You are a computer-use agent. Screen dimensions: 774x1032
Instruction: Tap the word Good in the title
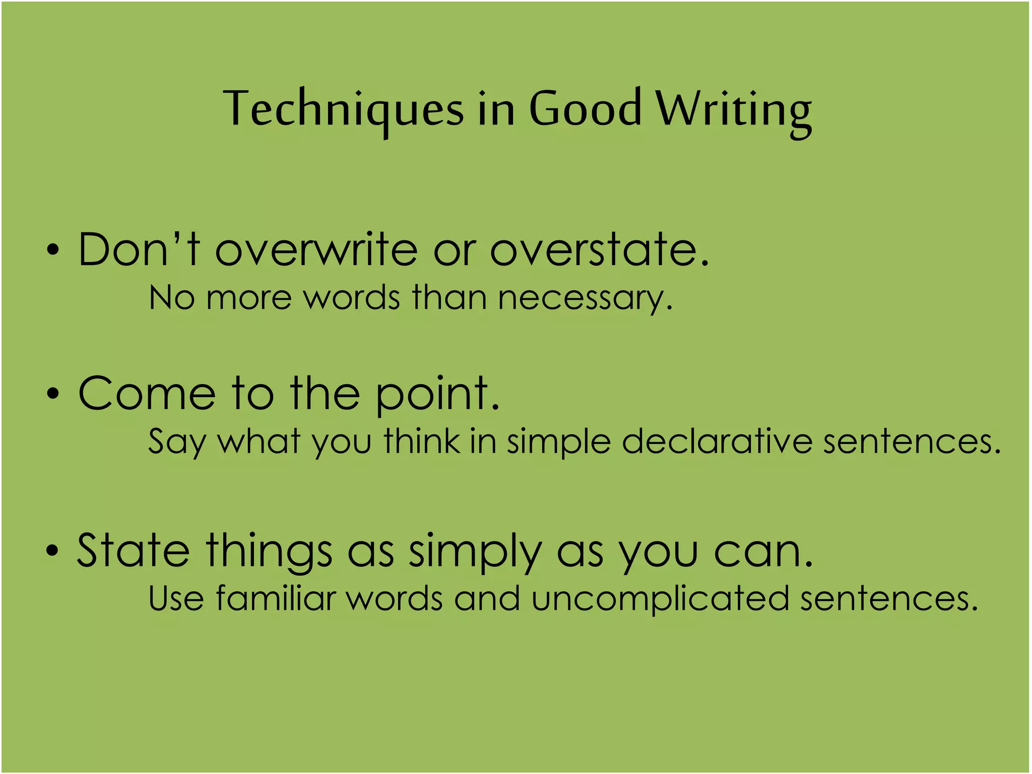pos(585,108)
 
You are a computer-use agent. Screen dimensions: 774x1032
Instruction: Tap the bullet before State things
pos(52,551)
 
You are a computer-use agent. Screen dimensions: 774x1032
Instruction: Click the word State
pos(133,551)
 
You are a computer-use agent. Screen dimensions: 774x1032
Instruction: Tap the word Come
pos(147,394)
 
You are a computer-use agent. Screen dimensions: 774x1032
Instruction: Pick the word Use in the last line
pos(176,599)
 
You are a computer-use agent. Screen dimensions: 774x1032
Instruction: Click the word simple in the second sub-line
pos(559,442)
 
